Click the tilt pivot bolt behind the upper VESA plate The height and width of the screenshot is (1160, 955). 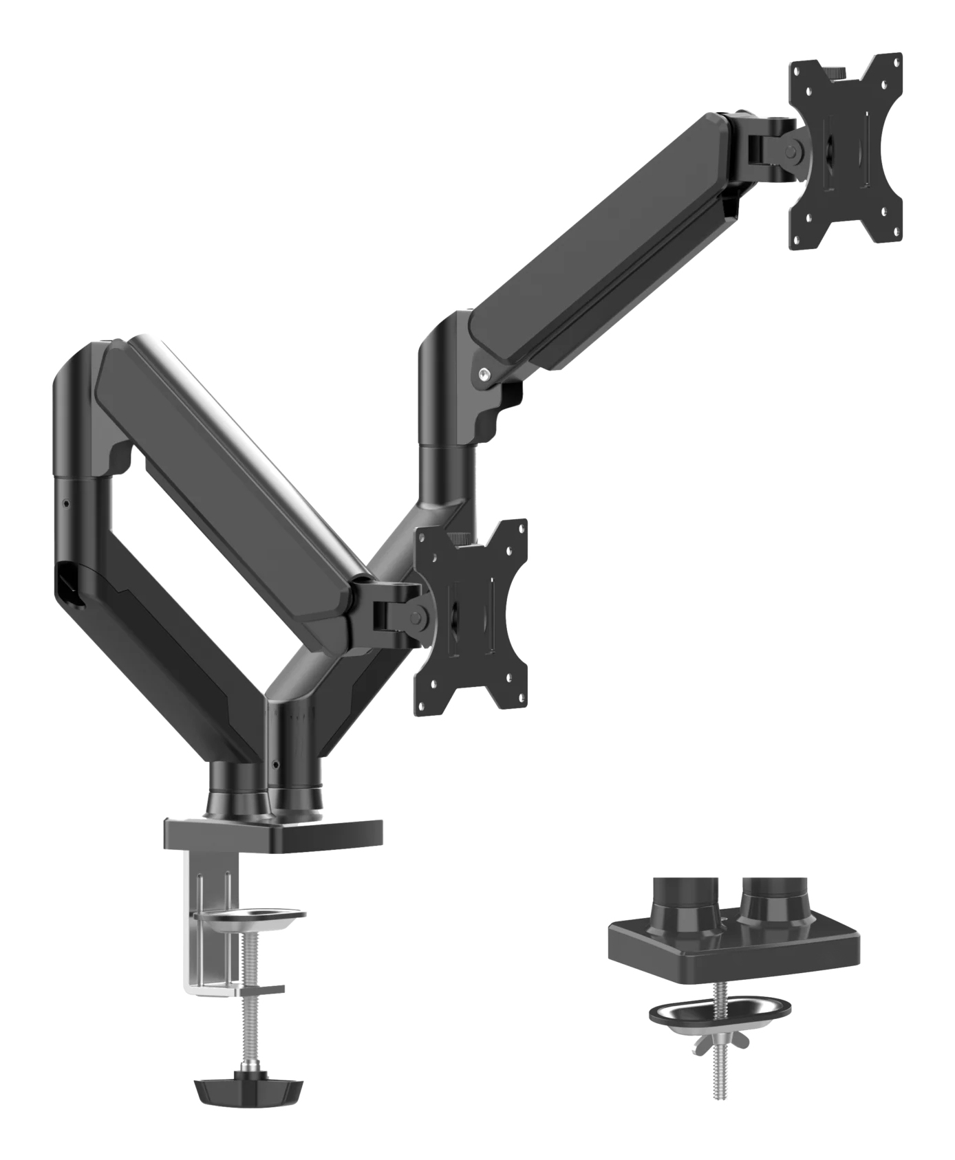795,148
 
